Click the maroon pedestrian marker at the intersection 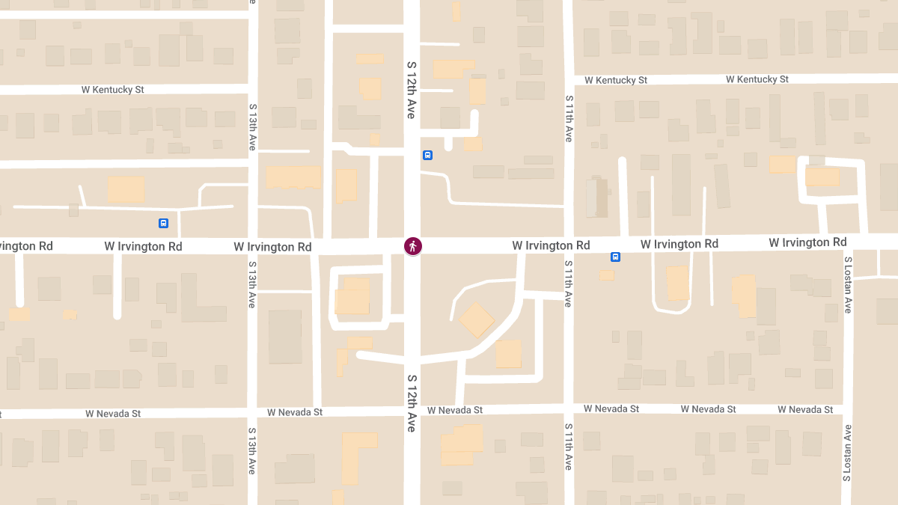[412, 245]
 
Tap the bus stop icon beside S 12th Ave [427, 156]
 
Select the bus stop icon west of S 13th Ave [163, 223]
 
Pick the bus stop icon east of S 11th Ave [615, 257]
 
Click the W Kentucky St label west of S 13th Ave [113, 90]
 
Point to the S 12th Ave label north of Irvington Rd [411, 90]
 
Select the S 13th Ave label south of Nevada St [252, 453]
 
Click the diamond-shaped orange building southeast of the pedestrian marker [476, 319]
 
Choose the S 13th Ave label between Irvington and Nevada [252, 284]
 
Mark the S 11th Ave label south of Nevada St [569, 447]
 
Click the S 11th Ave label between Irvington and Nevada [569, 284]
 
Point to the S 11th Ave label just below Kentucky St [569, 119]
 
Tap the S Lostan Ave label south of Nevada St [848, 451]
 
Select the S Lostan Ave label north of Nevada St [848, 284]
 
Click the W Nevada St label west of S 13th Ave [113, 413]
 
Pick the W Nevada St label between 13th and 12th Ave [295, 412]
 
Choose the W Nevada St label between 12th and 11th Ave [455, 410]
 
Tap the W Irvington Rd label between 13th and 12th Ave [272, 247]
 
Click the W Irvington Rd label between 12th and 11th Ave [551, 245]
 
